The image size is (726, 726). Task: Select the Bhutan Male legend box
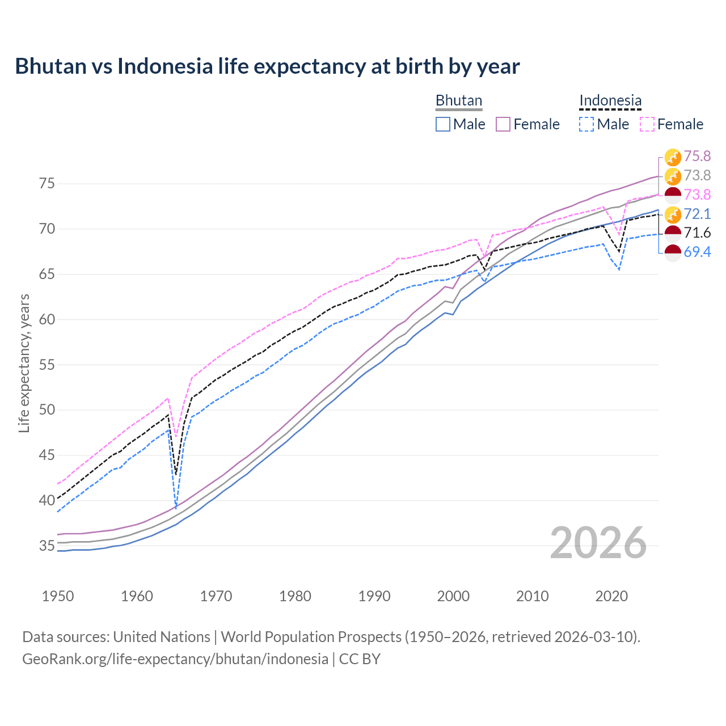coord(443,124)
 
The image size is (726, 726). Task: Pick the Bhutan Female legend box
coord(503,124)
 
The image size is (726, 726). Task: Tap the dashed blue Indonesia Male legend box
coord(586,124)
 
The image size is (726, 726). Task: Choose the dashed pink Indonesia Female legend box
coord(647,124)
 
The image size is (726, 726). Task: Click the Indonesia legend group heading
coord(610,100)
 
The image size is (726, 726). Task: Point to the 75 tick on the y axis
coord(47,184)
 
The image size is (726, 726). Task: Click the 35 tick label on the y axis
coord(47,546)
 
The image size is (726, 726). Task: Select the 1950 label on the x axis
coord(58,596)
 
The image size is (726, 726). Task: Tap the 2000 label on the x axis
coord(453,596)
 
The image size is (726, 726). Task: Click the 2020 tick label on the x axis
coord(611,596)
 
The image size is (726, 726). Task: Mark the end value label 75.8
coord(697,156)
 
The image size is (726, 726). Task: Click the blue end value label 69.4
coord(697,252)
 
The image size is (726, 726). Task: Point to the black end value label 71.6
coord(697,233)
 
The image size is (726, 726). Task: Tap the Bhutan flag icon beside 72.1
coord(673,214)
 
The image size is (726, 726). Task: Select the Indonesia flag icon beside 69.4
coord(673,253)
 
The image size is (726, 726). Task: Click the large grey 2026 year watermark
coord(598,543)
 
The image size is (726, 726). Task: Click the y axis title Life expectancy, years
coord(24,363)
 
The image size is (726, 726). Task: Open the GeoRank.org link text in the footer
coord(175,659)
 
